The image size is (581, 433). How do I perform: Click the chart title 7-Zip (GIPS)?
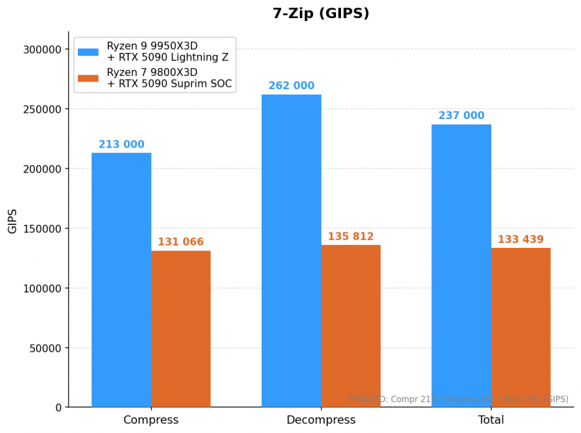(x=321, y=14)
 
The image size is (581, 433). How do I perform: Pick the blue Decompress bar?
(x=292, y=251)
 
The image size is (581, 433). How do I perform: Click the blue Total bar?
(x=461, y=265)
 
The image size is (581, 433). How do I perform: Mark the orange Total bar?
(x=520, y=327)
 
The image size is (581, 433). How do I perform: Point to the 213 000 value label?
(x=121, y=145)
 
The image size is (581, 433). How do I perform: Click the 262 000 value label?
(x=292, y=86)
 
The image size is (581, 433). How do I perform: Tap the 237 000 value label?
(x=461, y=116)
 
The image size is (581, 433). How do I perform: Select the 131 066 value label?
(x=181, y=242)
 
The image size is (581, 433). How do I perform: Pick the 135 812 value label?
(x=351, y=237)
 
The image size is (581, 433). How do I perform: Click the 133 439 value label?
(x=520, y=240)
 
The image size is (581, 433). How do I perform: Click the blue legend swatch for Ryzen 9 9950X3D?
(x=88, y=52)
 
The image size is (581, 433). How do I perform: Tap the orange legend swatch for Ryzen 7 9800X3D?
(x=88, y=78)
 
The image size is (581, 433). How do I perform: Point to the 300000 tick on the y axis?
(x=42, y=49)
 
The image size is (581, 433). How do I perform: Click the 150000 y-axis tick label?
(x=42, y=228)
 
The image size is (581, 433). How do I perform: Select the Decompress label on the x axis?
(x=321, y=420)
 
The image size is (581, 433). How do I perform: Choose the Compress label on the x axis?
(x=151, y=420)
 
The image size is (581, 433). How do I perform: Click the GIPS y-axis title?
(x=13, y=221)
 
